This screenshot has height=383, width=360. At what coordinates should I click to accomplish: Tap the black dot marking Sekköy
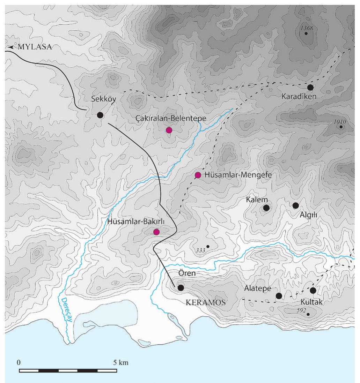100,115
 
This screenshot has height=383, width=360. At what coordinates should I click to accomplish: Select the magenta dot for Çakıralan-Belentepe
169,130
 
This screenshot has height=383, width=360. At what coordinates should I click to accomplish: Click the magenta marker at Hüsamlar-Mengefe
198,175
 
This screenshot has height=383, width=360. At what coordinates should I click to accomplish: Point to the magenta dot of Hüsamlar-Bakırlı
156,232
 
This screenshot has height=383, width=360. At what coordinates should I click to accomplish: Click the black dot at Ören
181,288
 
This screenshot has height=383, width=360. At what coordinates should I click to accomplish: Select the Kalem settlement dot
266,208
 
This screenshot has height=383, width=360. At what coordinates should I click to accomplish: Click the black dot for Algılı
295,205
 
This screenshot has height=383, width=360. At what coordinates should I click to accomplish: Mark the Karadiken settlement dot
310,87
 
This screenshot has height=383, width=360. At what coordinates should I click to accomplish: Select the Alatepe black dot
279,296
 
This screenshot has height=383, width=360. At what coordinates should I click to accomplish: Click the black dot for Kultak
313,290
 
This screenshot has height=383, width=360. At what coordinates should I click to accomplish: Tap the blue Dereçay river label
65,309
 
